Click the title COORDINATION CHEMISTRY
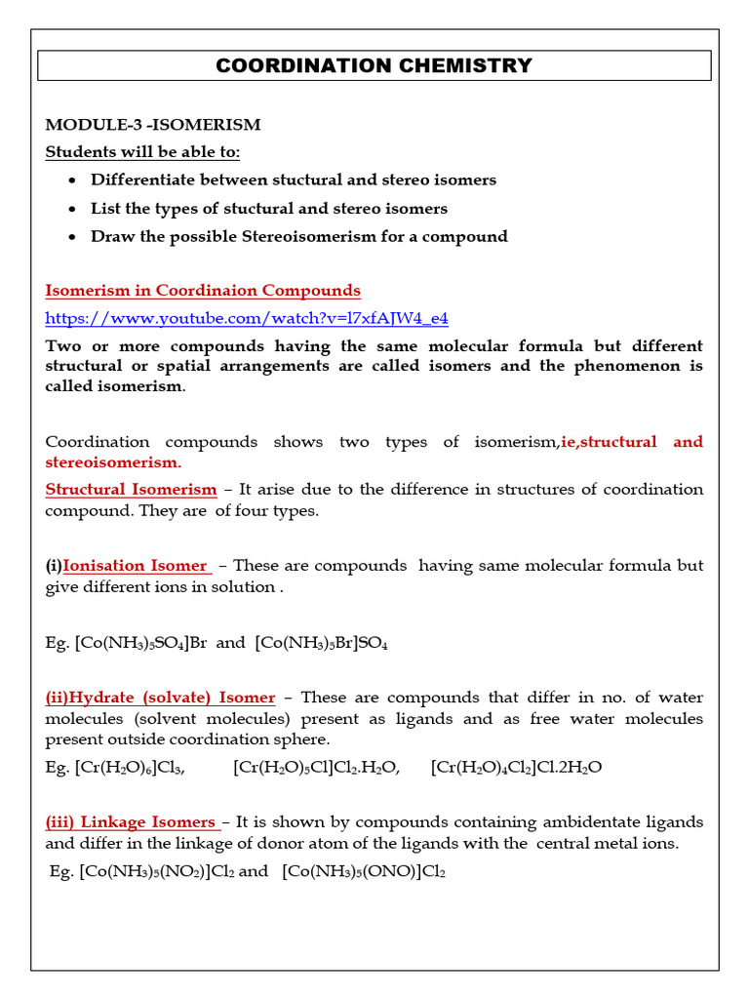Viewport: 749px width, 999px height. click(x=374, y=66)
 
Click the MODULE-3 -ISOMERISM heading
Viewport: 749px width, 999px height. click(x=153, y=125)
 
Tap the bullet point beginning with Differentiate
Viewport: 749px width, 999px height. click(x=293, y=180)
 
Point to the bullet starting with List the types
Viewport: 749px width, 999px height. click(x=268, y=208)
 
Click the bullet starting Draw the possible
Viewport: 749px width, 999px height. click(x=298, y=236)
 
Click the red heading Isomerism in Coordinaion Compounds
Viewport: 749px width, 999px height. click(x=203, y=291)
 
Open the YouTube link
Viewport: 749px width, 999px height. click(x=247, y=319)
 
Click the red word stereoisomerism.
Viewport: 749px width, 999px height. click(x=112, y=461)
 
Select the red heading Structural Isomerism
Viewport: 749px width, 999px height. click(x=131, y=490)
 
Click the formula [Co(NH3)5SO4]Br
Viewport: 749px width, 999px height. click(x=140, y=643)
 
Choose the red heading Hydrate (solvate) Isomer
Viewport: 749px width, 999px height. click(x=160, y=698)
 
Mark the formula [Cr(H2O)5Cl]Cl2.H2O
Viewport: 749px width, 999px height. click(x=317, y=768)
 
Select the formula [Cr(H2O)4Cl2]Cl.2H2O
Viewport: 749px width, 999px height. click(x=516, y=768)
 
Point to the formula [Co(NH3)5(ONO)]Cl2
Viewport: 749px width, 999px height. click(x=364, y=872)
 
